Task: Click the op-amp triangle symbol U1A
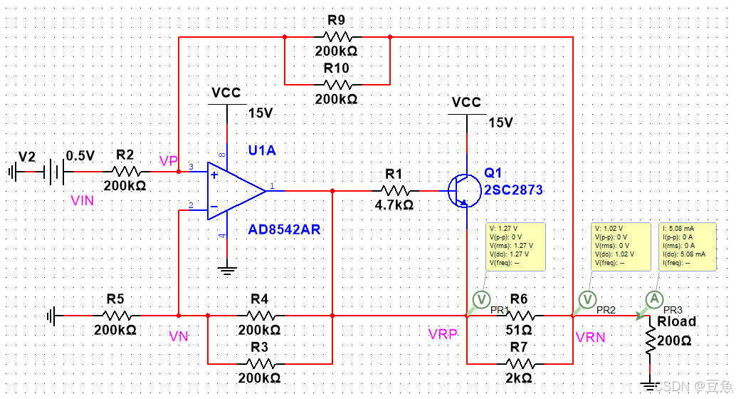pyautogui.click(x=235, y=190)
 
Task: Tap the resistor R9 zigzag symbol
pyautogui.click(x=337, y=36)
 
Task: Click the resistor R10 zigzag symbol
pyautogui.click(x=337, y=83)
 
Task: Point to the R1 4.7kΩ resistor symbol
pyautogui.click(x=394, y=190)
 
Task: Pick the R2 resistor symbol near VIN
pyautogui.click(x=126, y=171)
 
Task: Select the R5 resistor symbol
pyautogui.click(x=117, y=315)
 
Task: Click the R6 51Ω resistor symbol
pyautogui.click(x=520, y=315)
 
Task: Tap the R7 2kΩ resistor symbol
pyautogui.click(x=520, y=363)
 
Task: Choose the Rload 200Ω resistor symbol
pyautogui.click(x=650, y=342)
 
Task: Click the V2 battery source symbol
pyautogui.click(x=51, y=171)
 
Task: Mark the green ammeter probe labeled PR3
pyautogui.click(x=653, y=300)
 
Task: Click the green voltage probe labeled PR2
pyautogui.click(x=587, y=299)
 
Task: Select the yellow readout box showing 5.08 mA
pyautogui.click(x=687, y=246)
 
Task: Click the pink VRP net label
pyautogui.click(x=443, y=335)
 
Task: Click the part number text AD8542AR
pyautogui.click(x=284, y=229)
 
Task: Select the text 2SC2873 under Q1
pyautogui.click(x=513, y=190)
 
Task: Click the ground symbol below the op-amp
pyautogui.click(x=226, y=269)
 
